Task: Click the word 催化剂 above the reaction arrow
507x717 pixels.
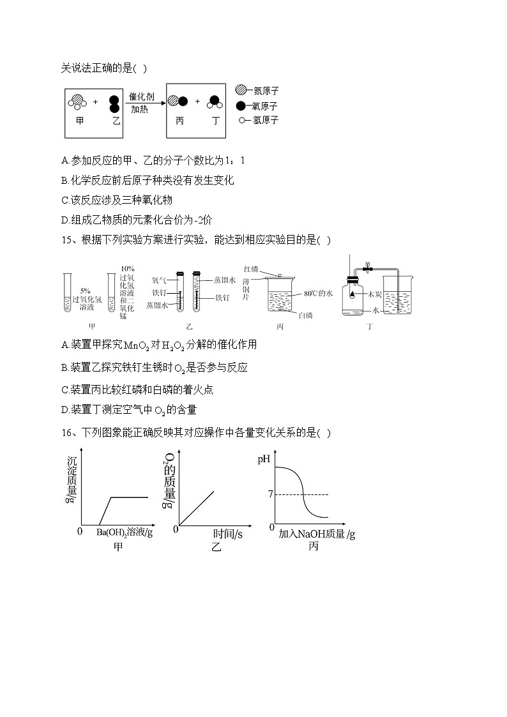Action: pos(141,96)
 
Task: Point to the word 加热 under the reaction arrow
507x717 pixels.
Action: pos(140,109)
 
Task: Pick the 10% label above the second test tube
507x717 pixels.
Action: pos(127,269)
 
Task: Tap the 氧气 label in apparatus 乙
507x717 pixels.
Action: pos(159,280)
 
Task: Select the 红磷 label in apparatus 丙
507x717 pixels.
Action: pos(250,269)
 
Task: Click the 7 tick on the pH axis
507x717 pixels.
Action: pos(271,494)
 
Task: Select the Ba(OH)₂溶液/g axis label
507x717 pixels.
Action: pos(125,532)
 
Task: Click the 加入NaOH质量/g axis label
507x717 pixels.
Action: pos(317,534)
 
